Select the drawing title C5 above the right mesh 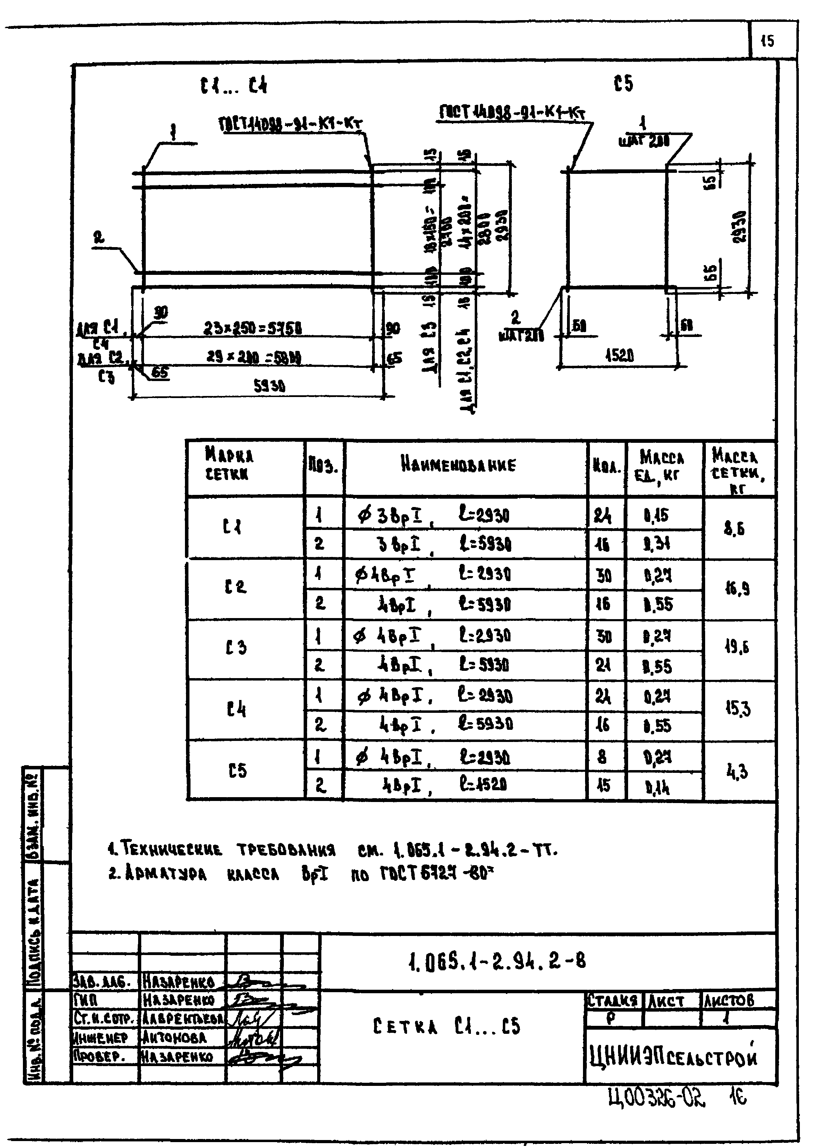click(624, 83)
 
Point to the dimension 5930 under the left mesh click(269, 386)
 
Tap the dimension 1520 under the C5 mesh click(619, 356)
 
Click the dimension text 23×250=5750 click(253, 329)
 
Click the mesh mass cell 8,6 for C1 click(735, 529)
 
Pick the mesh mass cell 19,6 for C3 click(737, 647)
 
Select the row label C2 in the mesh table click(235, 587)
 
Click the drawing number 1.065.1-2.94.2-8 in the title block click(497, 960)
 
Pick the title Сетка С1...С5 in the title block click(446, 1026)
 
